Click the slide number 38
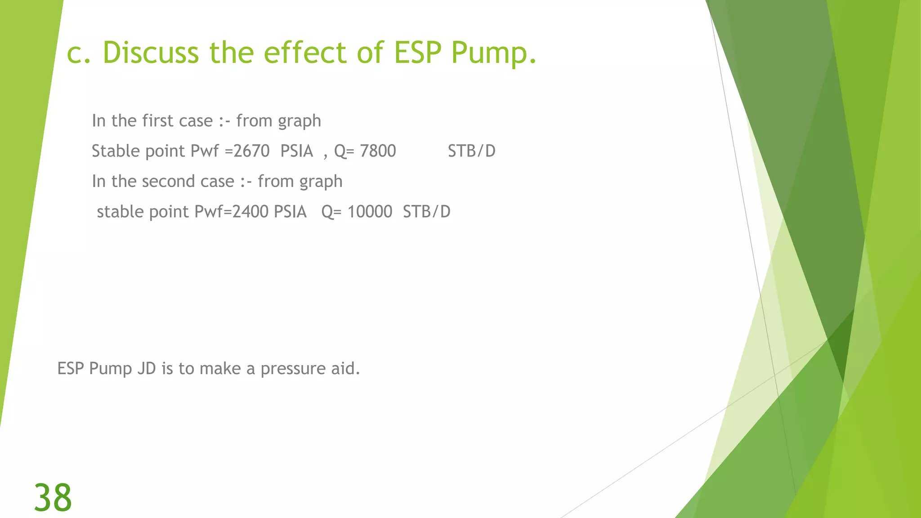pyautogui.click(x=53, y=498)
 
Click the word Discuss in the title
pyautogui.click(x=151, y=53)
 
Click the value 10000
pyautogui.click(x=370, y=212)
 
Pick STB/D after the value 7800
pyautogui.click(x=471, y=151)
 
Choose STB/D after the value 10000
pyautogui.click(x=426, y=212)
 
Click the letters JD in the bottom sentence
pyautogui.click(x=147, y=369)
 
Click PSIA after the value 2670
pyautogui.click(x=296, y=151)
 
